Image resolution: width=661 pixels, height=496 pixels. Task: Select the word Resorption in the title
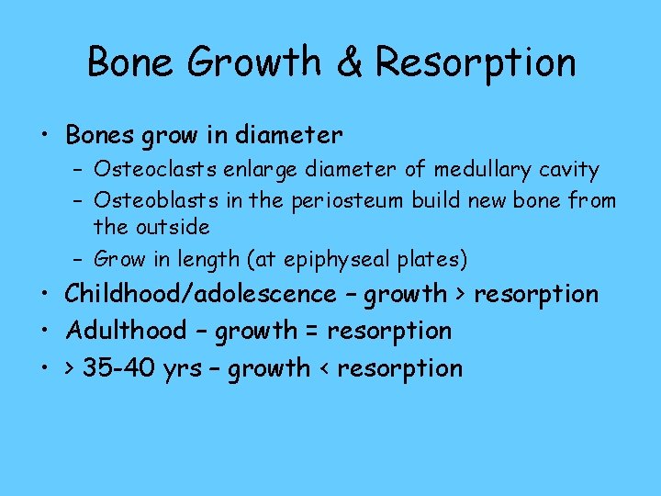coord(476,62)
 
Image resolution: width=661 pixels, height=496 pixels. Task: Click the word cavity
coord(574,170)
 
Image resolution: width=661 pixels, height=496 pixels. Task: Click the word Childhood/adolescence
coord(200,294)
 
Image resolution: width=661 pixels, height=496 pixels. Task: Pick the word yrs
coord(182,369)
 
